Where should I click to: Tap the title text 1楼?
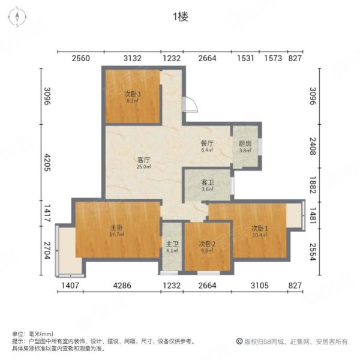pyautogui.click(x=180, y=17)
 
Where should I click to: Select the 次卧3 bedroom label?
pyautogui.click(x=133, y=94)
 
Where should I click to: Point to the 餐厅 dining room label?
pyautogui.click(x=207, y=144)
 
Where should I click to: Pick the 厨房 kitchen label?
pyautogui.click(x=245, y=144)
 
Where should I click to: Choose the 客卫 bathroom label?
pyautogui.click(x=207, y=182)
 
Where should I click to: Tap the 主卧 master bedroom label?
pyautogui.click(x=116, y=228)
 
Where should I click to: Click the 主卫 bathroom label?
pyautogui.click(x=172, y=244)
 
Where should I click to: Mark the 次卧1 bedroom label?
pyautogui.click(x=259, y=228)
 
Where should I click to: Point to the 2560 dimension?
pyautogui.click(x=80, y=58)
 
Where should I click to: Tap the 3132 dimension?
pyautogui.click(x=132, y=58)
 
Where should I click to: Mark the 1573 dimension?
pyautogui.click(x=273, y=58)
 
